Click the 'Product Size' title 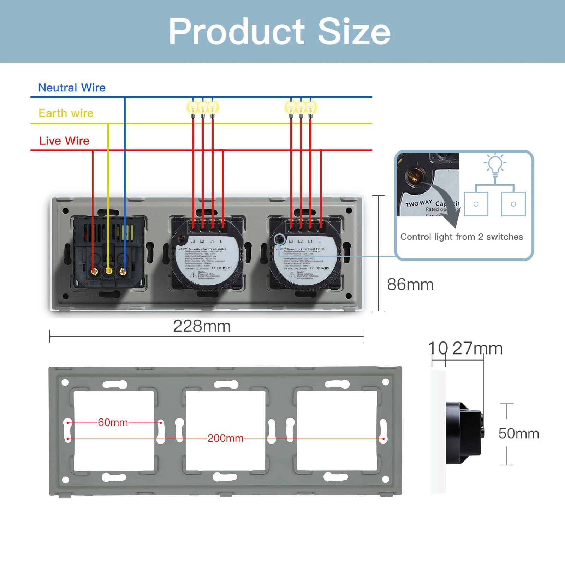coord(279,32)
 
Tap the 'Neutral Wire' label coord(72,88)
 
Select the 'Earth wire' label coord(66,113)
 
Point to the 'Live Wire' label coord(64,141)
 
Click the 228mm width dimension coord(202,326)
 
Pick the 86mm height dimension coord(410,284)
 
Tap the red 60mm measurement coord(113,422)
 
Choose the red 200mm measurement coord(225,438)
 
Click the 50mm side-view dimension coord(518,434)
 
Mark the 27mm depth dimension coord(477,349)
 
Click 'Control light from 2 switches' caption coord(461,237)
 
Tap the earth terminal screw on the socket coord(108,271)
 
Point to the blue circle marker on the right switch coord(280,239)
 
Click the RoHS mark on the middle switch coord(226,268)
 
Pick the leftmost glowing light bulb coord(193,107)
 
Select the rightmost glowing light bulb coord(311,107)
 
